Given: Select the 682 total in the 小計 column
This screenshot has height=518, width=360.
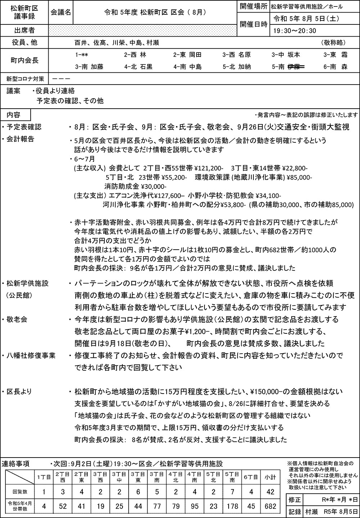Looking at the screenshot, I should coord(270,506).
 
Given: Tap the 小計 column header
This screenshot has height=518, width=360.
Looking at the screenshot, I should coord(270,477).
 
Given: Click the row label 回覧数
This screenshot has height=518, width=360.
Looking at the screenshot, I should coord(18,492).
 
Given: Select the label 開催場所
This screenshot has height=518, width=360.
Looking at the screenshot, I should coord(253,6).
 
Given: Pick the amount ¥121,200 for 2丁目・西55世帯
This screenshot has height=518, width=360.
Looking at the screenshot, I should coord(209,168).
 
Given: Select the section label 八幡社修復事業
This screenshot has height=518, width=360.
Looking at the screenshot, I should coord(31,356).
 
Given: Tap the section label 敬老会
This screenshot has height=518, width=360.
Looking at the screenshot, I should coord(17,319).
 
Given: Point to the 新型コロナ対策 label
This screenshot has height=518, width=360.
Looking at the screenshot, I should coord(24,78).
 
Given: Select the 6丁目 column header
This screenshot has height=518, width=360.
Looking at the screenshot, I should coord(251,477).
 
